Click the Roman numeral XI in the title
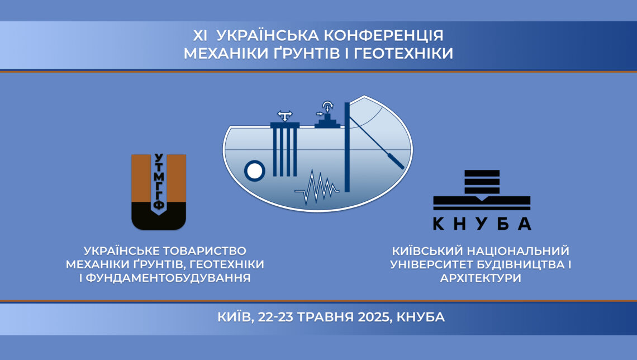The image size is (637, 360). pos(200,36)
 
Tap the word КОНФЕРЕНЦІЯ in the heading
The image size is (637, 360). pos(383,36)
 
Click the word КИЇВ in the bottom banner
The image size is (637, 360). pos(234,316)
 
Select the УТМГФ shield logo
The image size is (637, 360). pos(159,192)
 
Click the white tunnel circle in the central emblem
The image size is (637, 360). pos(255,170)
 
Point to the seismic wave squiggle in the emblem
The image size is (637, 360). pos(317,188)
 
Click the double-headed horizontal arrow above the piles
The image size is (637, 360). pos(285,113)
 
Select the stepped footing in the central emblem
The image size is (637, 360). pos(327,121)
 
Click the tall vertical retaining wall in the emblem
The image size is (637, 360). pos(347,146)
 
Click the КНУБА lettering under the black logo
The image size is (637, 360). pos(482,224)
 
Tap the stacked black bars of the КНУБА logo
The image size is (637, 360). pos(482,182)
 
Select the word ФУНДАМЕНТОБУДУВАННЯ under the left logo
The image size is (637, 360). pos(164,278)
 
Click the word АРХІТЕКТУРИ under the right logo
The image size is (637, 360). pos(481,278)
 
